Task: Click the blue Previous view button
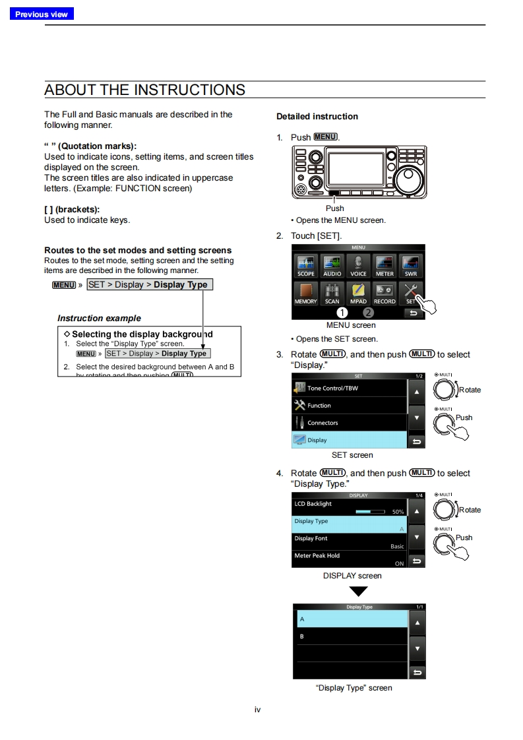coord(42,14)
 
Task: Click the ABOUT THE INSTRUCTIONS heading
coord(144,90)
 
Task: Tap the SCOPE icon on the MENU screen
coord(305,266)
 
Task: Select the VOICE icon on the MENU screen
coord(358,266)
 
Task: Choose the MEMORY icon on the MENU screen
coord(305,293)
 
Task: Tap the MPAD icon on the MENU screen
coord(358,293)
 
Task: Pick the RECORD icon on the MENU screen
coord(385,293)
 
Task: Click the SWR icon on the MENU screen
coord(410,266)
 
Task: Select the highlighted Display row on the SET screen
coord(350,440)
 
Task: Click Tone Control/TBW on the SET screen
coord(350,388)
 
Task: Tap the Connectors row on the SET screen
coord(350,423)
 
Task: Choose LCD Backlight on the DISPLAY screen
coord(350,507)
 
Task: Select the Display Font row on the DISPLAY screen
coord(350,541)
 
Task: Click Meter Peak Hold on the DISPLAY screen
coord(350,559)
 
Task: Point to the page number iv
coord(258,710)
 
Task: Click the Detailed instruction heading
coord(317,117)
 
